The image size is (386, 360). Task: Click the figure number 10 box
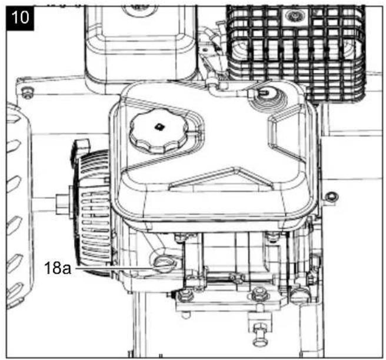click(20, 18)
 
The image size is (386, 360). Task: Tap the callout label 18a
click(58, 268)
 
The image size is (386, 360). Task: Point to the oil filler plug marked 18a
click(164, 265)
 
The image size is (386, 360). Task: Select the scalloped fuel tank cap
click(159, 131)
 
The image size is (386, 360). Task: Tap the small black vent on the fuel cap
click(159, 126)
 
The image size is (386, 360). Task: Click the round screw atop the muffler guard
click(294, 16)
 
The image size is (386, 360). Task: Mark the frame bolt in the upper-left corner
click(26, 93)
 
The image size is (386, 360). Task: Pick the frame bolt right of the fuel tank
click(331, 197)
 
